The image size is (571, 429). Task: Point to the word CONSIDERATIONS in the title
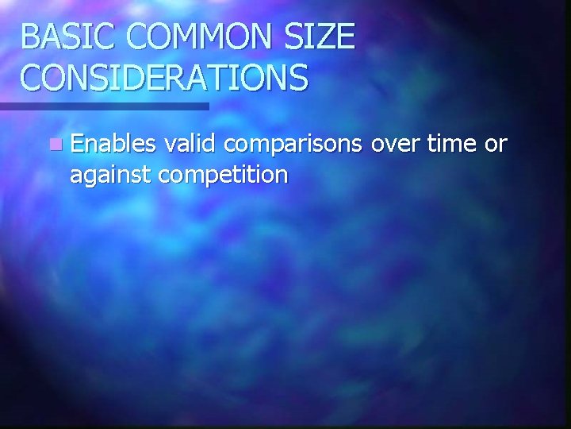[164, 78]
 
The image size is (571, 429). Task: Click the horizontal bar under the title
[104, 106]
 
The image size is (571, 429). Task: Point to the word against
[112, 175]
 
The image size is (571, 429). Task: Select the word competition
[224, 175]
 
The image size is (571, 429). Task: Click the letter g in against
[90, 177]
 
